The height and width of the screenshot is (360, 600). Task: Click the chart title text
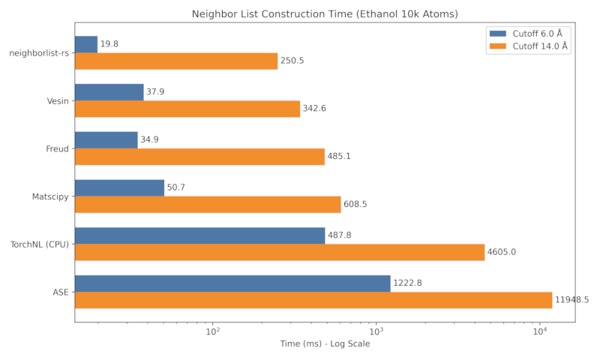pos(325,13)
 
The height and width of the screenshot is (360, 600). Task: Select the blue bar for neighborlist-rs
pos(86,44)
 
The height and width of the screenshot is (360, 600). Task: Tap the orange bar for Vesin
pos(187,109)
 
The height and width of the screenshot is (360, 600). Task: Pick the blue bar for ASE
pos(232,283)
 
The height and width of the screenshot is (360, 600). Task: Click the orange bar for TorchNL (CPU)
pos(279,252)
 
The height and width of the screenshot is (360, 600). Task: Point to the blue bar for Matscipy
pos(119,187)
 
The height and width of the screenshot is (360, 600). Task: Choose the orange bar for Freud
pos(199,157)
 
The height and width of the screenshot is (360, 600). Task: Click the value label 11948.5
pos(571,300)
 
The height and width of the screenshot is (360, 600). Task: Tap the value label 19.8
pos(109,44)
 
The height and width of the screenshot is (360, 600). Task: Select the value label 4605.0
pos(502,252)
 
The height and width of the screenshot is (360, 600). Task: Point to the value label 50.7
pos(176,187)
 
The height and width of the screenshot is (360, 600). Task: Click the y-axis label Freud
pos(57,148)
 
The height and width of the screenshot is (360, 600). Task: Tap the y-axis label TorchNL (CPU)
pos(39,244)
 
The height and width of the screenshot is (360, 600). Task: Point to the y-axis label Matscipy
pos(50,196)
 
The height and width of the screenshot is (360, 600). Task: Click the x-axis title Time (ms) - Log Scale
pos(325,344)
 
